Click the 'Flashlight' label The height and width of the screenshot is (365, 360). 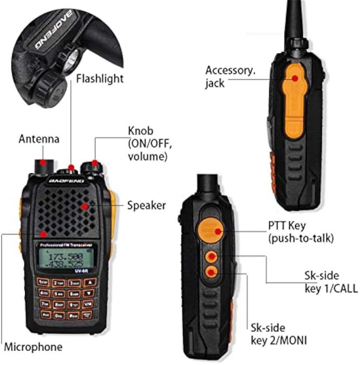coord(100,79)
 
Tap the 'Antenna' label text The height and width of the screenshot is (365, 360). coord(39,139)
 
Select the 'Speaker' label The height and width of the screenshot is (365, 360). coord(146,205)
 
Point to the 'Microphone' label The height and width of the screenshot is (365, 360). coord(33,346)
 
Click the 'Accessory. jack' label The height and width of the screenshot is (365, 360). coord(230,76)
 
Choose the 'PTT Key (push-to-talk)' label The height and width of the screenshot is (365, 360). coord(301,232)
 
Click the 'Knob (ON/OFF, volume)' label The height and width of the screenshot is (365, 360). coord(147,143)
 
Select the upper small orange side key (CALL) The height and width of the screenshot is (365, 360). coord(211,256)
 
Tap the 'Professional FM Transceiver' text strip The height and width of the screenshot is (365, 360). coord(65,246)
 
